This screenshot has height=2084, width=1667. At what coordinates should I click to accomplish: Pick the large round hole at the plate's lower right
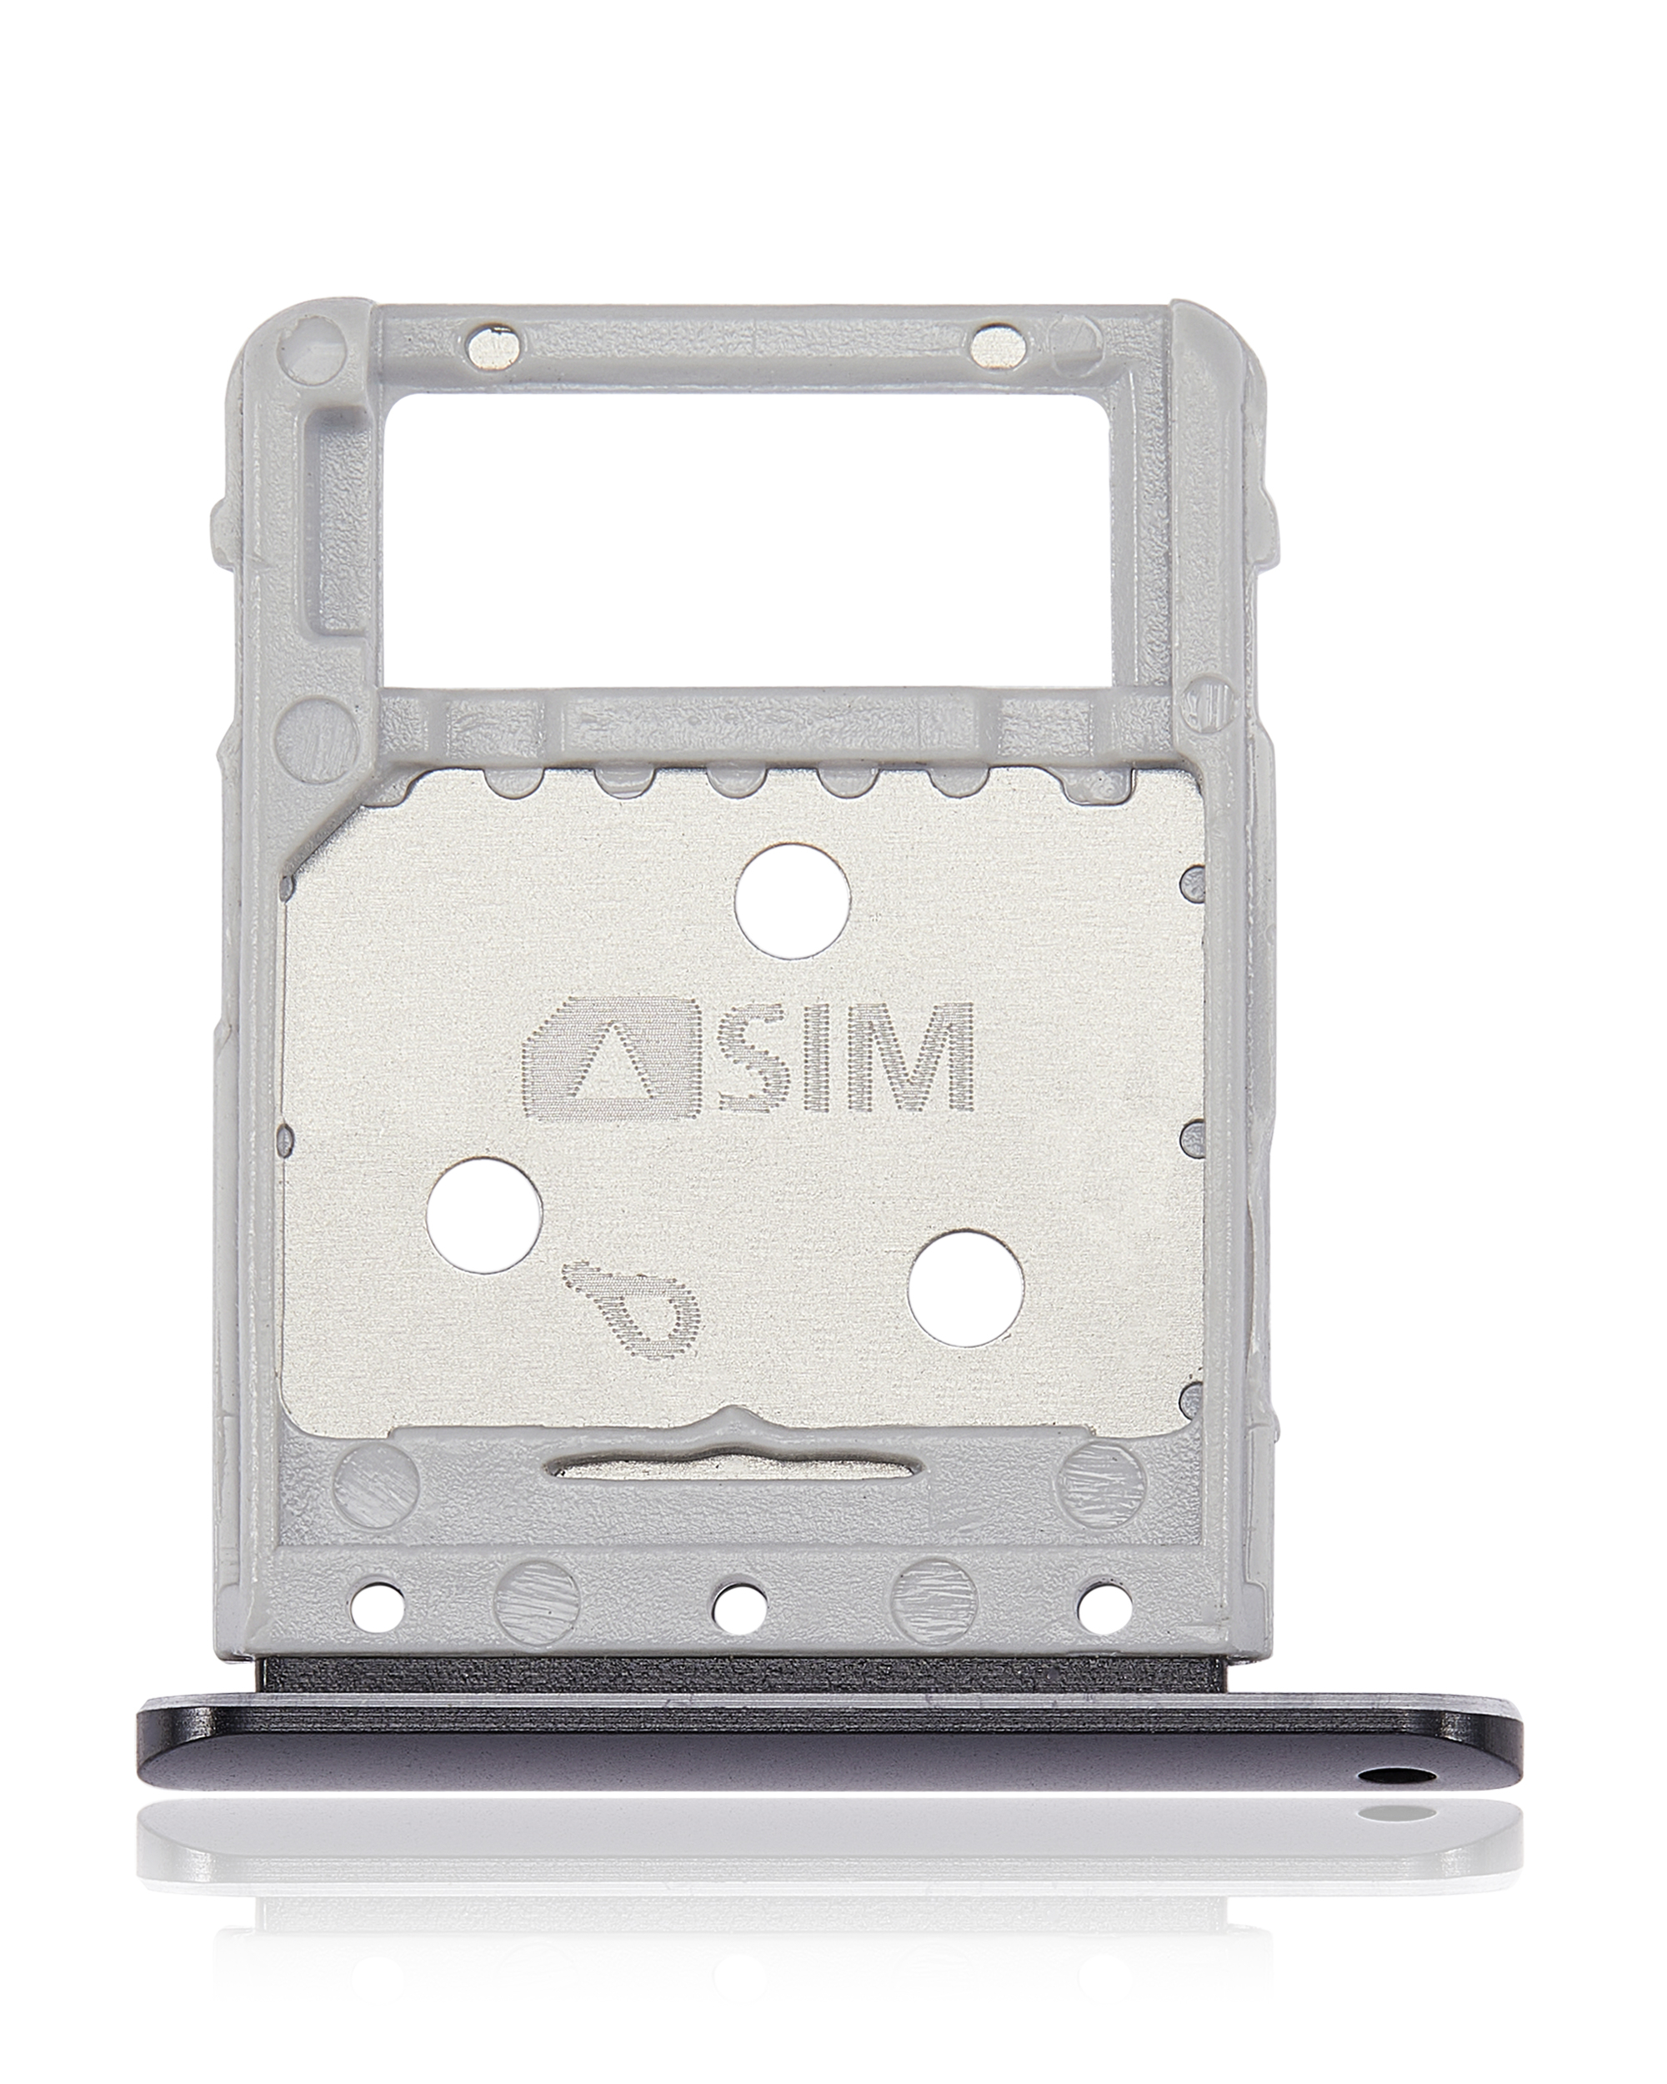pos(965,1288)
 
